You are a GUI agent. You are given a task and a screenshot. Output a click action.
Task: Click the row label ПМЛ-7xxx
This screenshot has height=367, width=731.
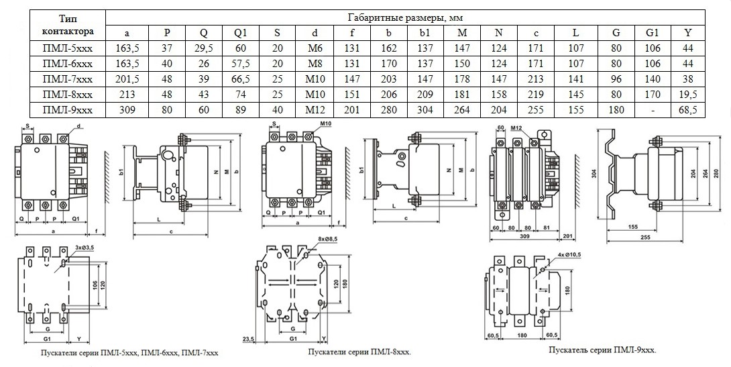point(66,79)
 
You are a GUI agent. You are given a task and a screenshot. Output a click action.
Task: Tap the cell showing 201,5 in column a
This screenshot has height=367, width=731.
point(127,79)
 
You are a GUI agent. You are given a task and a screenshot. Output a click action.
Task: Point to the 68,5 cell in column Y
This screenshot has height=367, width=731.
point(687,109)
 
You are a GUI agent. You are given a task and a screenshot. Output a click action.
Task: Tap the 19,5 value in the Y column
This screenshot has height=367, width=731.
point(687,95)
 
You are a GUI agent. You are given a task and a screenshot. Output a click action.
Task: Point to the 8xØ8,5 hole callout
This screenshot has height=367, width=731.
point(328,239)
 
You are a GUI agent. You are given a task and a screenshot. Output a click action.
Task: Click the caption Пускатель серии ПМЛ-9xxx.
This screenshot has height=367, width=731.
point(602,350)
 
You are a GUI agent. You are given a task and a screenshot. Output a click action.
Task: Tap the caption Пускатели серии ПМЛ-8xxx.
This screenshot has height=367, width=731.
point(359,352)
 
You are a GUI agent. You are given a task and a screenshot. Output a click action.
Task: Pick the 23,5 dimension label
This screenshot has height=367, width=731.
point(249,338)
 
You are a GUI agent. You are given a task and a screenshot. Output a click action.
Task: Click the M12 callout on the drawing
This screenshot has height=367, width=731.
point(516,127)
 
